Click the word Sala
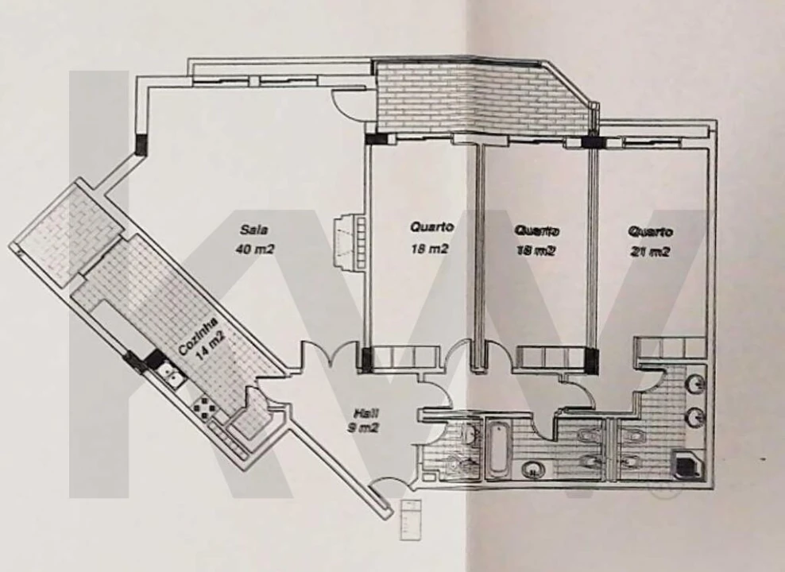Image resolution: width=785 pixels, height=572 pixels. (254, 230)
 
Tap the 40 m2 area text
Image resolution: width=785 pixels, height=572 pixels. (255, 249)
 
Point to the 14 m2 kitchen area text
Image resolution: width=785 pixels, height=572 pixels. (211, 346)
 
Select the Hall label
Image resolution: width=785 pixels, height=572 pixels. (366, 413)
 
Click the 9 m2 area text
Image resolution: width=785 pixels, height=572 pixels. (363, 428)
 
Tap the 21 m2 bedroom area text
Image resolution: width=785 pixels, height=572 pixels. (650, 252)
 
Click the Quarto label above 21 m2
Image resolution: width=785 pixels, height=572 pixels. (651, 232)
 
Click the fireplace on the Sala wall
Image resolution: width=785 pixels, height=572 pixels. (349, 242)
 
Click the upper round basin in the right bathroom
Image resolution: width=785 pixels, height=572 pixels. (695, 385)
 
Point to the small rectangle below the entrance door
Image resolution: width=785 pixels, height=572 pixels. (411, 520)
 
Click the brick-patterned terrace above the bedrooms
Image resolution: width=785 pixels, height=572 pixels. (481, 99)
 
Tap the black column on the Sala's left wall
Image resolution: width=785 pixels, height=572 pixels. (142, 144)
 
